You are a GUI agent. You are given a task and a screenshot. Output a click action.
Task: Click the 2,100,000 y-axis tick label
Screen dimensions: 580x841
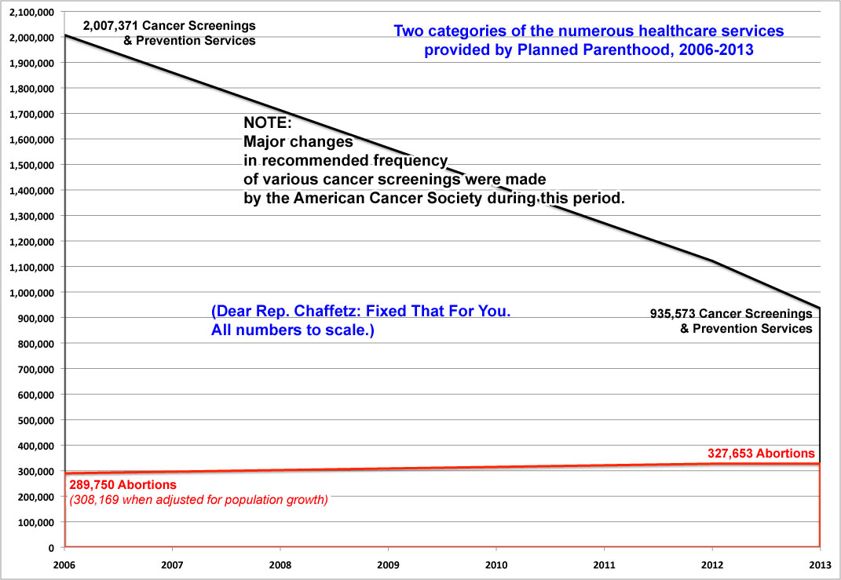(32, 12)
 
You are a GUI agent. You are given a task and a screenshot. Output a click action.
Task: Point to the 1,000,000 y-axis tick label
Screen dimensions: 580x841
(32, 293)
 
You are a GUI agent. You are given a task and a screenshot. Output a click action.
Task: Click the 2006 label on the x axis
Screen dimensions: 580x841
(65, 564)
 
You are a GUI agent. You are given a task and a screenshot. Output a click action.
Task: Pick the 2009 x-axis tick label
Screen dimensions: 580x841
(388, 564)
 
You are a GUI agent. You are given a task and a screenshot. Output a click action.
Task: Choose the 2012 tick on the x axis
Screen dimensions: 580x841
(711, 564)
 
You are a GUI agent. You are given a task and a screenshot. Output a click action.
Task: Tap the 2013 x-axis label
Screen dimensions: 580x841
(819, 564)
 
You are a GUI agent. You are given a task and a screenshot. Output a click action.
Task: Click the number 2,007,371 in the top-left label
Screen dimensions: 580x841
(111, 26)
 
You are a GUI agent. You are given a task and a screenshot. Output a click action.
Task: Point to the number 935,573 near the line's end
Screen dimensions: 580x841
(675, 313)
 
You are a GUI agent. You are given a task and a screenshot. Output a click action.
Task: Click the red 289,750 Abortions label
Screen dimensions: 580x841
(122, 484)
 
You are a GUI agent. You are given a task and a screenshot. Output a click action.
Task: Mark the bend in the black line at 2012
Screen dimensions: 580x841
(711, 261)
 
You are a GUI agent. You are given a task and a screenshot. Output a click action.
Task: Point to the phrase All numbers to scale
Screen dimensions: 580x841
(291, 330)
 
